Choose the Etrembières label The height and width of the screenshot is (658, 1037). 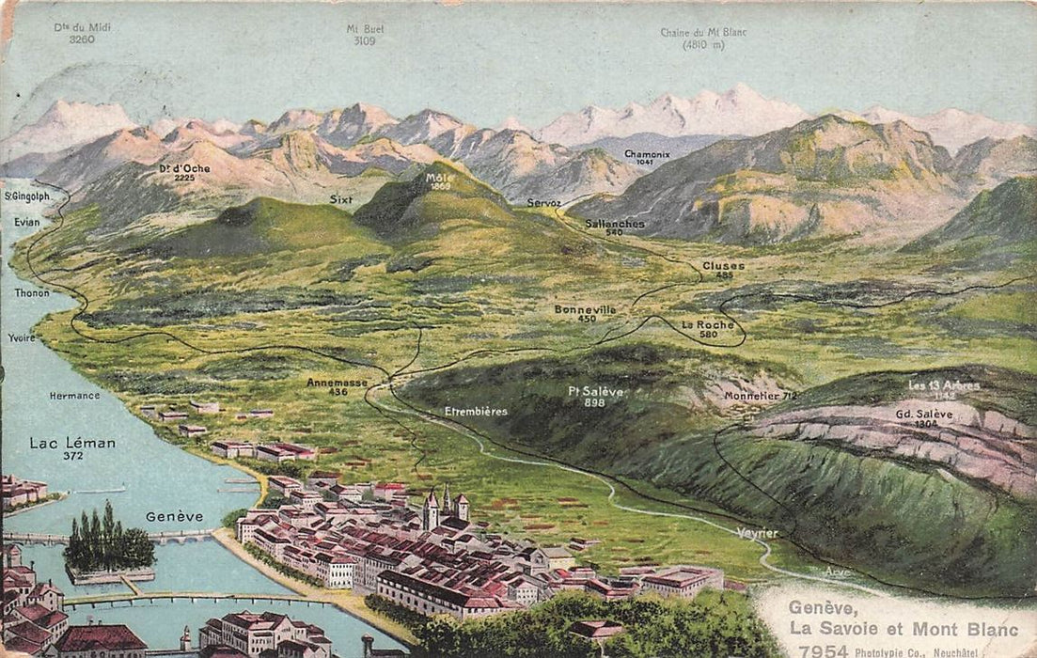[476, 411]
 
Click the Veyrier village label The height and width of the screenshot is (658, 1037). [757, 533]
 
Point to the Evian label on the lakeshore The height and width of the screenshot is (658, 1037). [27, 222]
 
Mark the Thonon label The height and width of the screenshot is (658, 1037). [32, 292]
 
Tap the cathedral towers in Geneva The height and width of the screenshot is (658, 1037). [445, 507]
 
